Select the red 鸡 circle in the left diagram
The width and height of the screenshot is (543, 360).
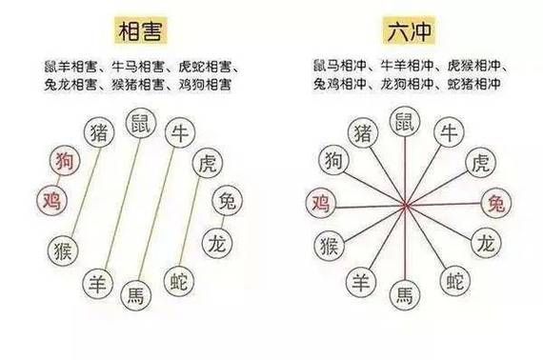[x=51, y=201]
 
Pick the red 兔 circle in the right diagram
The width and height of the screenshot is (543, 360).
[x=496, y=202]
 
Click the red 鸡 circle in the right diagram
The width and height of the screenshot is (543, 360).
[x=319, y=202]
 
